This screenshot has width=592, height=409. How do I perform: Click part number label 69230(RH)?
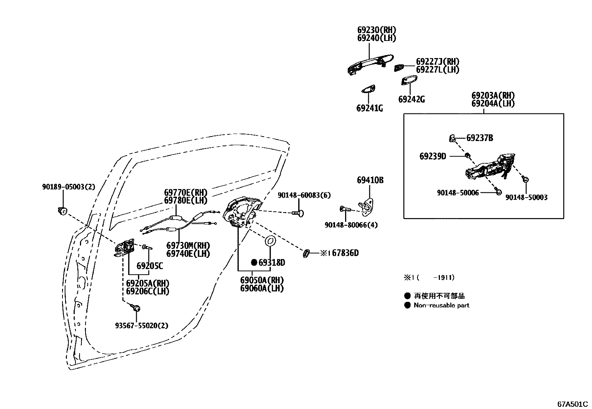377,30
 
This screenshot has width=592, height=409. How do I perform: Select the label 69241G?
369,108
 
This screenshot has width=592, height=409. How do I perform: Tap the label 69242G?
411,99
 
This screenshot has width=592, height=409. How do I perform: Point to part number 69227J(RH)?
437,61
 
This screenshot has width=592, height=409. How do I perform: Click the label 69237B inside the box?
479,138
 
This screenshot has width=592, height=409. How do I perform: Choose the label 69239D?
432,156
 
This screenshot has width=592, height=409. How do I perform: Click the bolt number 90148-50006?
457,193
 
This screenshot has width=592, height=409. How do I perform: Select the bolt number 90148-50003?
526,197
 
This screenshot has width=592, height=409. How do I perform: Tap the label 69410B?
370,180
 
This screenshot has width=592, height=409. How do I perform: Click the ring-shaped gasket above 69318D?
270,242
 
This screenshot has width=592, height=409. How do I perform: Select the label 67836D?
345,253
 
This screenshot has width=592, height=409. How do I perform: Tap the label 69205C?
149,266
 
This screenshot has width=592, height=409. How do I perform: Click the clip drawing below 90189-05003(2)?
62,211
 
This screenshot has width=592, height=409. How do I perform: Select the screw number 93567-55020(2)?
141,326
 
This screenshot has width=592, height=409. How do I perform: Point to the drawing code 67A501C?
572,404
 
